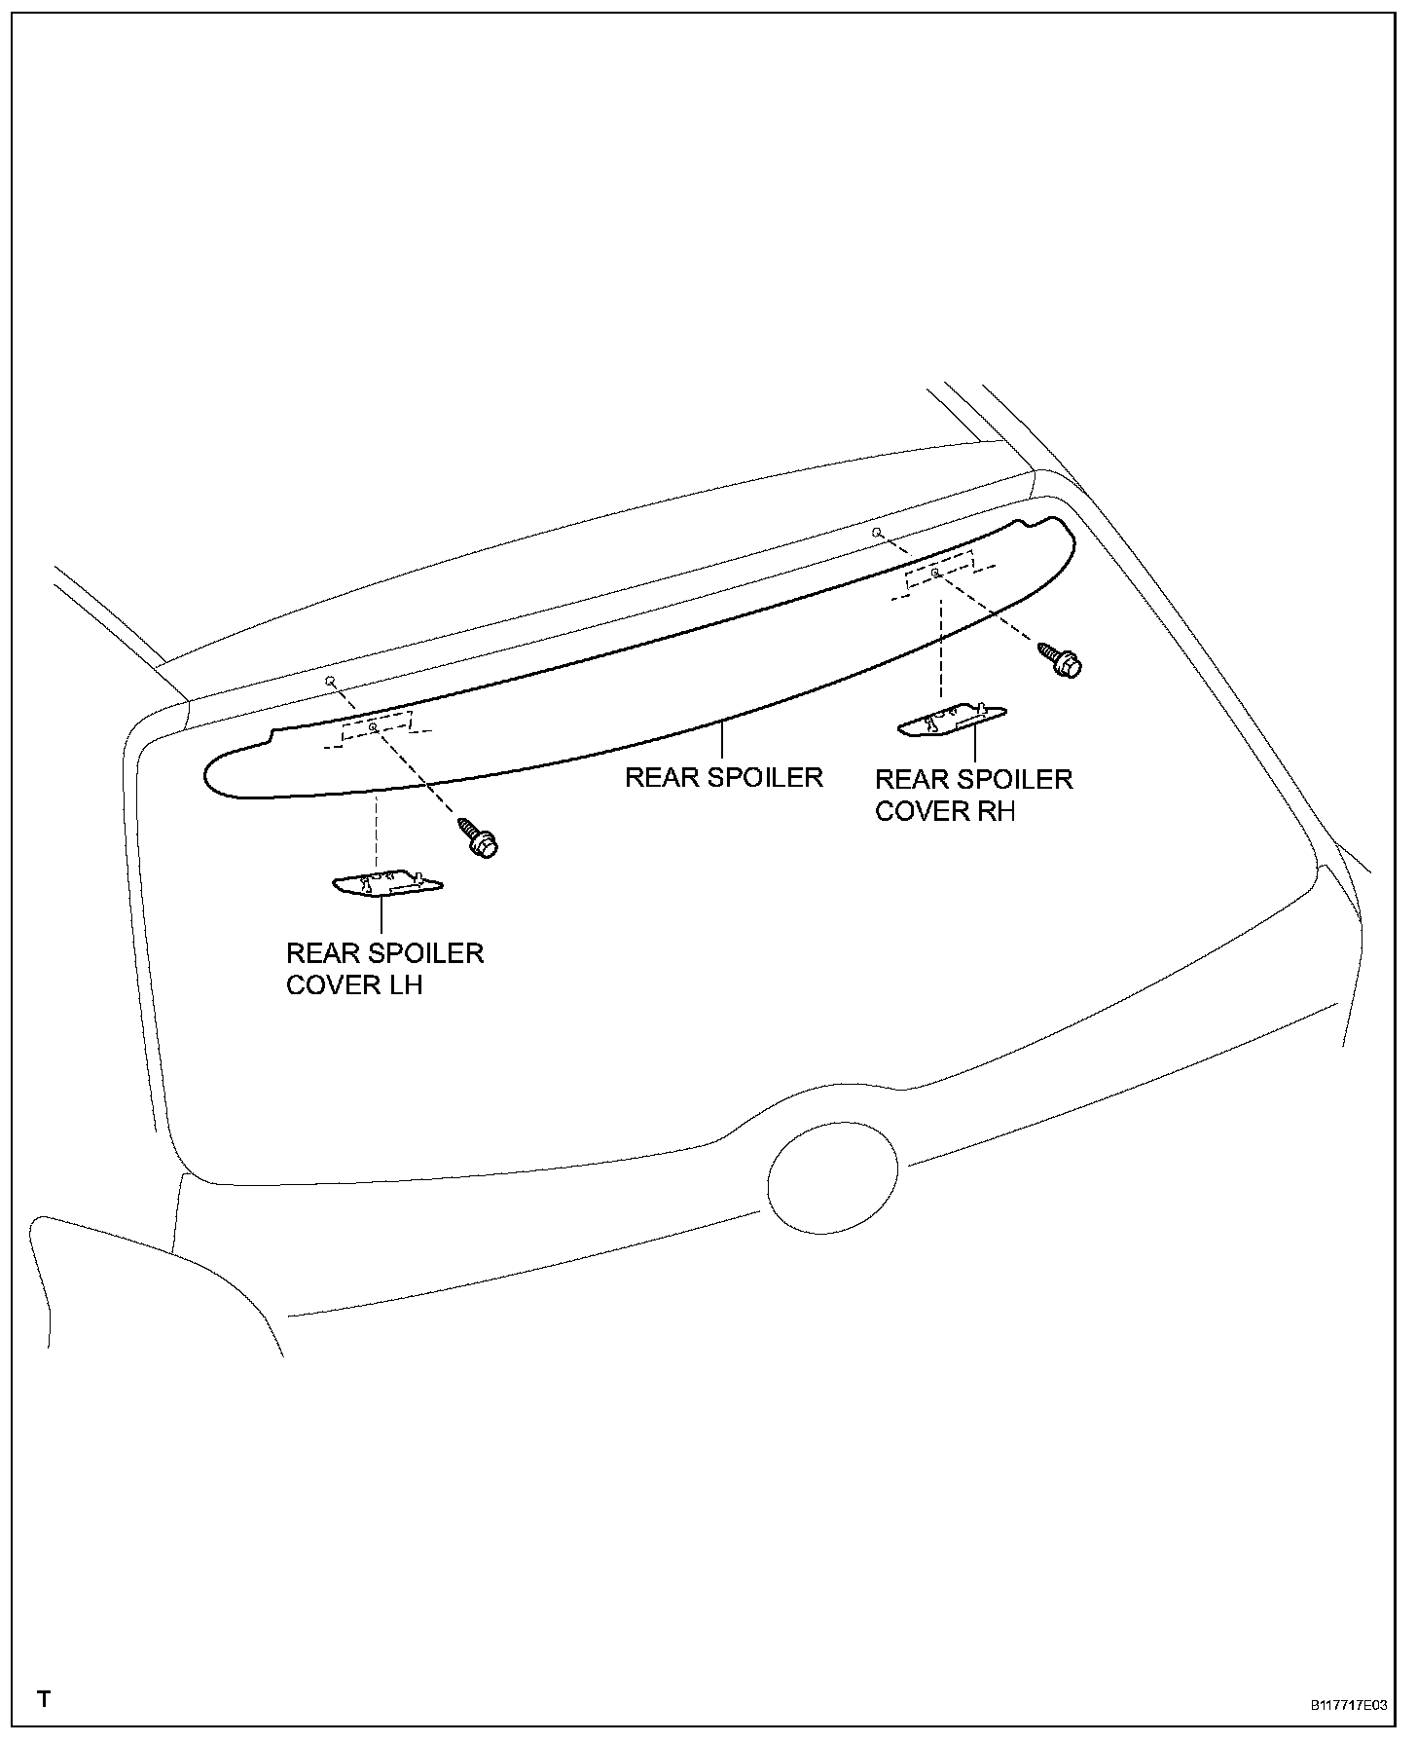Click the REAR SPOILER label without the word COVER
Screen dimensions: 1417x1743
(723, 777)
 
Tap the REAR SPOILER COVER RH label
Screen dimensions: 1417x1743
(973, 795)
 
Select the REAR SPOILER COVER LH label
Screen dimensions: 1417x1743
(384, 968)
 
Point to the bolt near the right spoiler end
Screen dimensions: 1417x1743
(1061, 659)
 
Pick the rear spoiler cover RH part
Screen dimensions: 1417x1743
(952, 720)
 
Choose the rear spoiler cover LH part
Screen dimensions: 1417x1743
(387, 883)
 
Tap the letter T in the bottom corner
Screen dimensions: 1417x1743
(44, 1700)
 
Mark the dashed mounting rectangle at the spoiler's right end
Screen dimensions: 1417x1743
(939, 573)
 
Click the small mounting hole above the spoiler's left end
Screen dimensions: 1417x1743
(330, 680)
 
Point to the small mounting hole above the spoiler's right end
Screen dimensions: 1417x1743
(877, 533)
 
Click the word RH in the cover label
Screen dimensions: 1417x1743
(996, 811)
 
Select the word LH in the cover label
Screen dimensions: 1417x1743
(404, 984)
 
